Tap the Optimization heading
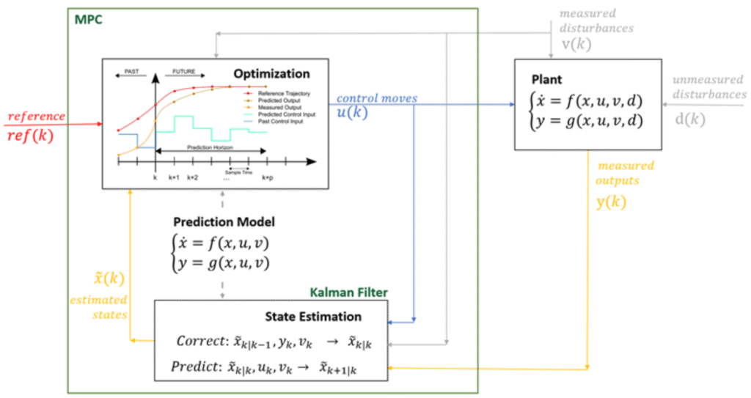pos(271,73)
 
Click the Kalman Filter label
pos(348,293)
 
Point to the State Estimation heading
pos(313,317)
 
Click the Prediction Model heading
pos(224,221)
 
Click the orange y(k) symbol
pos(611,202)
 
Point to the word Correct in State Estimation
pos(200,341)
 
